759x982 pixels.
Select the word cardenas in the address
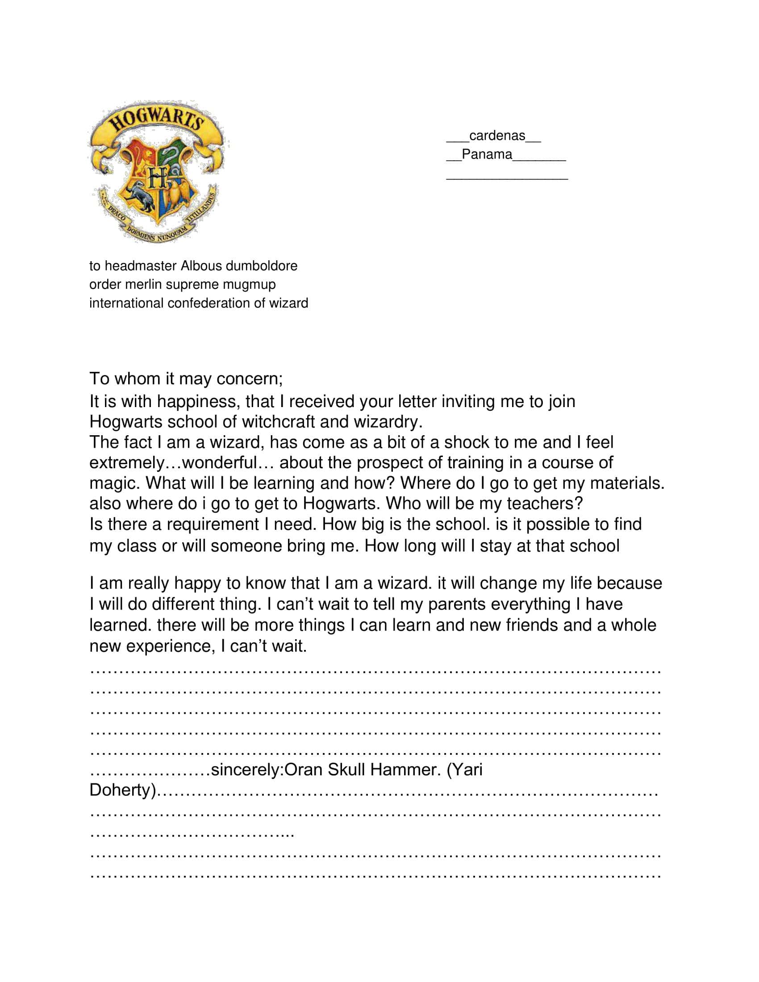(497, 135)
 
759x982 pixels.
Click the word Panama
(487, 154)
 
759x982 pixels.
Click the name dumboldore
(261, 266)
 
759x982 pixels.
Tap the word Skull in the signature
(346, 770)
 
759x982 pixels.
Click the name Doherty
(122, 790)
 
